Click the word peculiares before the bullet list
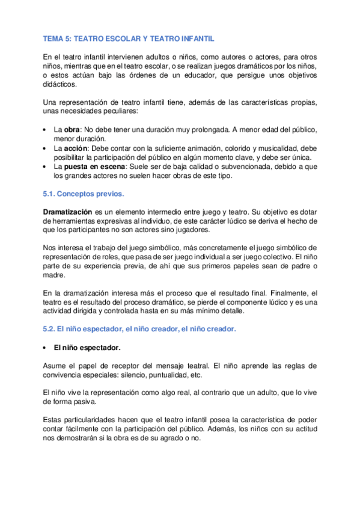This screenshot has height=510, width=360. (x=168, y=112)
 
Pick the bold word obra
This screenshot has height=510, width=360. (x=72, y=130)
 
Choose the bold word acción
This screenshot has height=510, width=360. (x=76, y=147)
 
